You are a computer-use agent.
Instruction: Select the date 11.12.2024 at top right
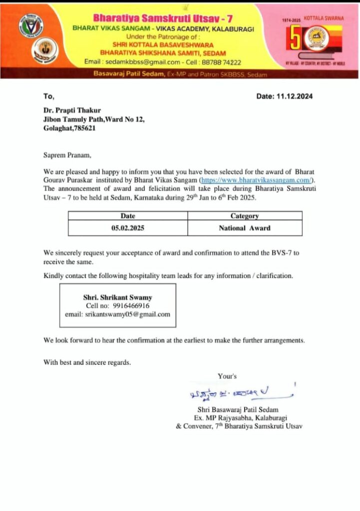coord(285,96)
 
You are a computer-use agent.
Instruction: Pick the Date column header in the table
coord(128,216)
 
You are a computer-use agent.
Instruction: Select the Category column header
coord(245,216)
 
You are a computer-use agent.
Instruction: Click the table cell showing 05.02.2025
coord(128,228)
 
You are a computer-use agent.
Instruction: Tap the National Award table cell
coord(245,228)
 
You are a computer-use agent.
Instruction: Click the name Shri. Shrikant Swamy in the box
coord(117,297)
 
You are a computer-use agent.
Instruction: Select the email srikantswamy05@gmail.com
coord(117,314)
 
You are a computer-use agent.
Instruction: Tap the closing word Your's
coord(227,376)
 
